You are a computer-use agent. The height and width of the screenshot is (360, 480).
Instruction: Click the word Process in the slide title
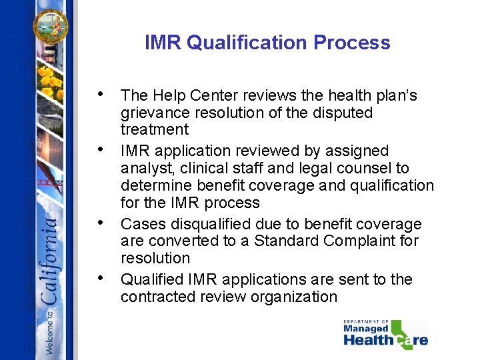(352, 43)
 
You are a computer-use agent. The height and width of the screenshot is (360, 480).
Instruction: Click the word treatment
(155, 129)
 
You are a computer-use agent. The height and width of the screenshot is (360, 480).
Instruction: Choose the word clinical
(209, 169)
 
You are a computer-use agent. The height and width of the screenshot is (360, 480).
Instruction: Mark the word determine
(155, 185)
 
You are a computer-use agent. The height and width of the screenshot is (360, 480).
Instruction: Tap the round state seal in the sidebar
(51, 25)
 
